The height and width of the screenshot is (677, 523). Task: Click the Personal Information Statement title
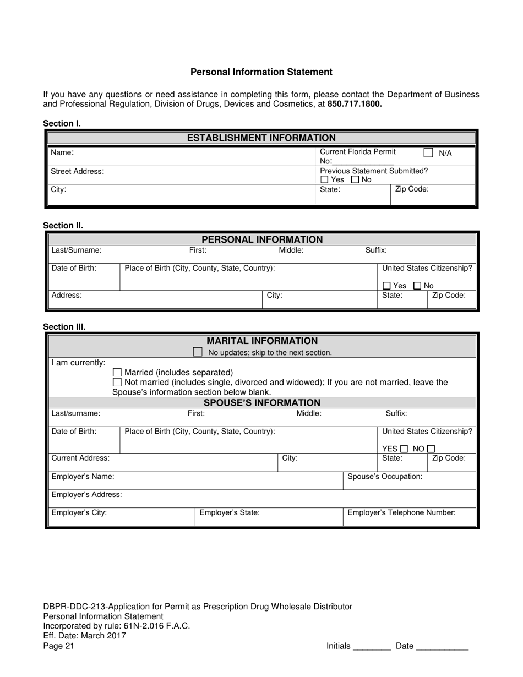pyautogui.click(x=261, y=72)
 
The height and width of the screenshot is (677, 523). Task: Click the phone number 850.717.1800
pyautogui.click(x=355, y=103)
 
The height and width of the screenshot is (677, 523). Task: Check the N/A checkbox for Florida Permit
pyautogui.click(x=428, y=152)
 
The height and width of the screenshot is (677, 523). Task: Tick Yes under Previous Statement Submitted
pyautogui.click(x=324, y=180)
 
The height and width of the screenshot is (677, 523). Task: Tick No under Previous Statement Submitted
pyautogui.click(x=355, y=180)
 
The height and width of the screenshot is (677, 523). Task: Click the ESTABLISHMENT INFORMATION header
pyautogui.click(x=261, y=138)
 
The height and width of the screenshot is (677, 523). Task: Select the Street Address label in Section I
pyautogui.click(x=77, y=172)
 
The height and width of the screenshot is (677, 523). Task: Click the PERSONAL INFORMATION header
pyautogui.click(x=262, y=239)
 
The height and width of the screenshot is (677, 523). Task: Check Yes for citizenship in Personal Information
pyautogui.click(x=386, y=286)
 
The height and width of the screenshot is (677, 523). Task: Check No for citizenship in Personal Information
pyautogui.click(x=417, y=286)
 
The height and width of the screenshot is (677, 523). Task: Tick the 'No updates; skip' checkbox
pyautogui.click(x=198, y=352)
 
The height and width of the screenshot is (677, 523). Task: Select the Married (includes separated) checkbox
pyautogui.click(x=117, y=373)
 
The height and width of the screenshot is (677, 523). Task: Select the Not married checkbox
pyautogui.click(x=117, y=382)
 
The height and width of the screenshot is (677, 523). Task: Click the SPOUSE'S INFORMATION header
pyautogui.click(x=262, y=403)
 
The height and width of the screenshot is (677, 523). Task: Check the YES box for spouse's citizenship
pyautogui.click(x=405, y=449)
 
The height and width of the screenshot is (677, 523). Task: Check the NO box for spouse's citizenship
pyautogui.click(x=431, y=449)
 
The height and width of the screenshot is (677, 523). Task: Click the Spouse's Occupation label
pyautogui.click(x=385, y=477)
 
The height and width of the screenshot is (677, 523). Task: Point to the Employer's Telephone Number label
pyautogui.click(x=401, y=513)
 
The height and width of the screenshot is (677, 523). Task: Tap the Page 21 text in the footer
pyautogui.click(x=58, y=646)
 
